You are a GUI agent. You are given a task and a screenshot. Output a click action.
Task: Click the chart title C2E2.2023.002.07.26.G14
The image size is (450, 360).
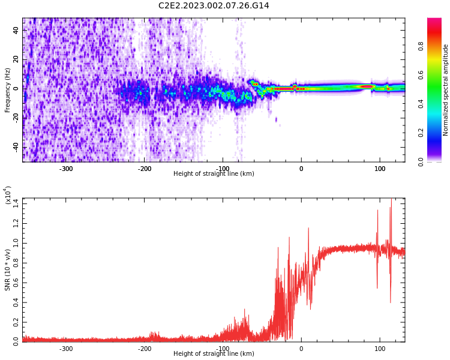[214, 5]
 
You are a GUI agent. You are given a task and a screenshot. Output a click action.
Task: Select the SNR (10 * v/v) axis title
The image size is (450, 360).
[8, 270]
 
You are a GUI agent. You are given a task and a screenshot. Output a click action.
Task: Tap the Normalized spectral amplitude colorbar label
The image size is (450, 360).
[446, 90]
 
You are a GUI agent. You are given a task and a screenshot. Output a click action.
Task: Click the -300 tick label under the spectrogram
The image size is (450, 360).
[66, 169]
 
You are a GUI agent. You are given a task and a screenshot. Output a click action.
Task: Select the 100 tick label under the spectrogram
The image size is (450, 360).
[380, 169]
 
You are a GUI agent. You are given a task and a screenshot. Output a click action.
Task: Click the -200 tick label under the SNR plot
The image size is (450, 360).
[145, 349]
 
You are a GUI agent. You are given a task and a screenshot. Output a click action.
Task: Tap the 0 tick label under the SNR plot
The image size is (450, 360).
[301, 349]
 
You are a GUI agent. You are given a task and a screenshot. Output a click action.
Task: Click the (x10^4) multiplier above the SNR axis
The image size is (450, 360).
[8, 196]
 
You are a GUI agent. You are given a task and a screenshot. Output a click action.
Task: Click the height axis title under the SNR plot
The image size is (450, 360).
[214, 354]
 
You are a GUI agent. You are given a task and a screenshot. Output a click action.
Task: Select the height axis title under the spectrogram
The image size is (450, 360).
[214, 174]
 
